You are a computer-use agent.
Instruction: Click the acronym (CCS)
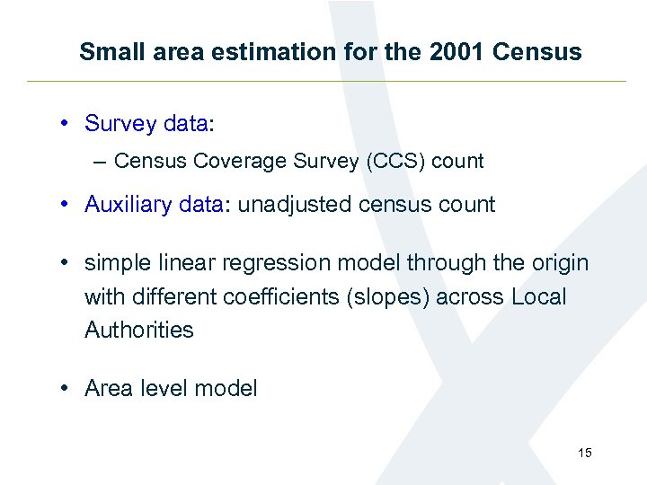coord(394,162)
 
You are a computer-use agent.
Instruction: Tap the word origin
coord(557,263)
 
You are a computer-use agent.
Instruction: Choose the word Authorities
coord(139,330)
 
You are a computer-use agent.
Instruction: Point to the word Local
coord(540,296)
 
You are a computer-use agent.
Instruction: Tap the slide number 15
coord(585,454)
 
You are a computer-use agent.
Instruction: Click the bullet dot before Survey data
coord(67,123)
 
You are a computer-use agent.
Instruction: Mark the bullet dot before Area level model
coord(67,389)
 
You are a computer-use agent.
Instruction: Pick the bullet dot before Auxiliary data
coord(67,205)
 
